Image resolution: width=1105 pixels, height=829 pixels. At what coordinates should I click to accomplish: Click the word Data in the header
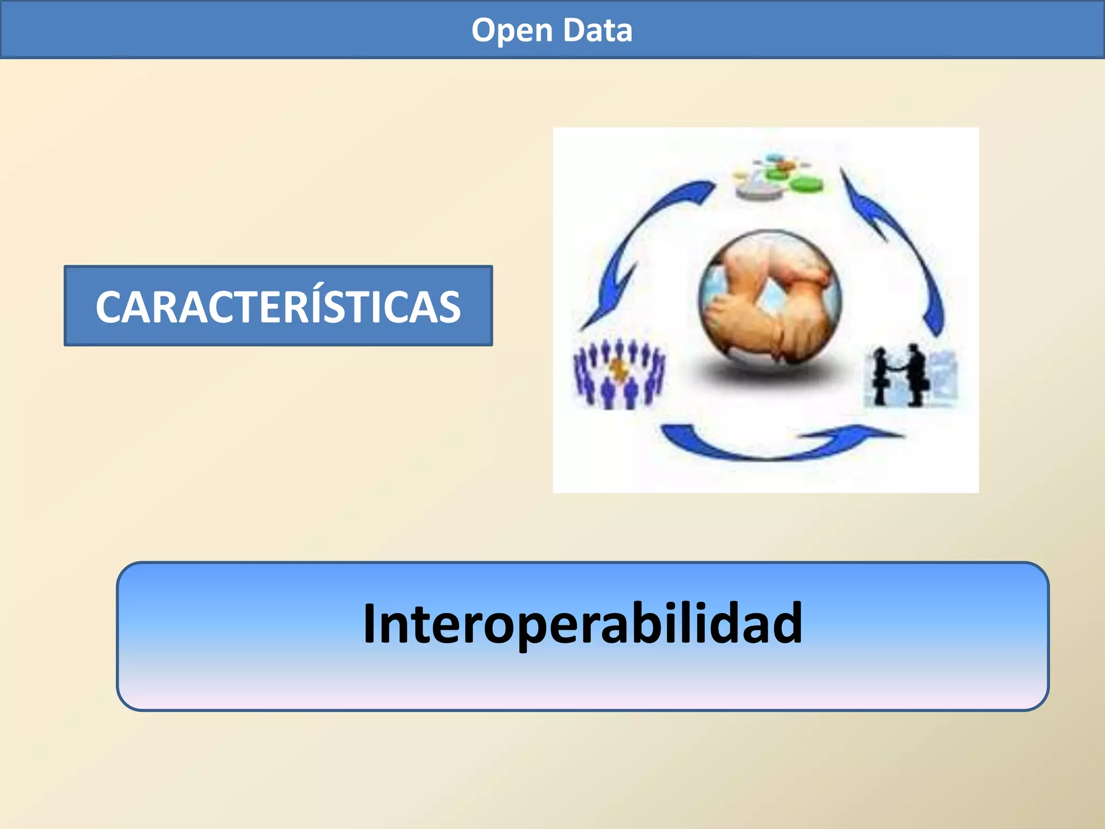point(598,31)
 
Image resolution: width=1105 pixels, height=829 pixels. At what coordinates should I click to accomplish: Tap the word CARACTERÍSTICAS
point(278,307)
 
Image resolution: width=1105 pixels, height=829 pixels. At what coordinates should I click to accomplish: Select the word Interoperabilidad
point(583,624)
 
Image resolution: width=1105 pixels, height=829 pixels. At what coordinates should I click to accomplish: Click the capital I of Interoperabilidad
point(369,624)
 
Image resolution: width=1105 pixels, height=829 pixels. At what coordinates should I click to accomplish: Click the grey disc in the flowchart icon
point(758,191)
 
